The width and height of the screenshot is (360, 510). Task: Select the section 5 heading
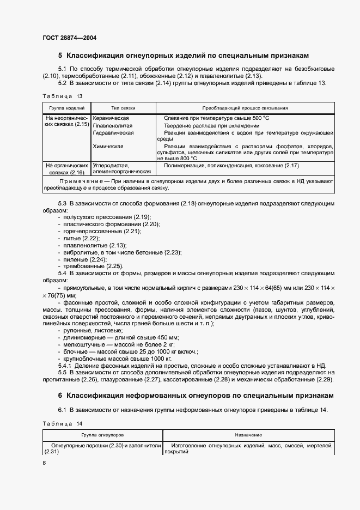(184, 56)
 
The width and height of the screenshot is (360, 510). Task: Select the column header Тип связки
(123, 108)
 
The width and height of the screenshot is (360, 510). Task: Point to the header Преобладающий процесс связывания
(245, 108)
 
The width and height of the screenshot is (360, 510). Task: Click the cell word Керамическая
(111, 118)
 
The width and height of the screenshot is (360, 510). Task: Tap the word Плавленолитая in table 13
(113, 125)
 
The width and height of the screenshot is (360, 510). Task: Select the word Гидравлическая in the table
(114, 133)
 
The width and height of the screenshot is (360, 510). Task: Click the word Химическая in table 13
(108, 147)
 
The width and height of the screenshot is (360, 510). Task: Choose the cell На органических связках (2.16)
(66, 168)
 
